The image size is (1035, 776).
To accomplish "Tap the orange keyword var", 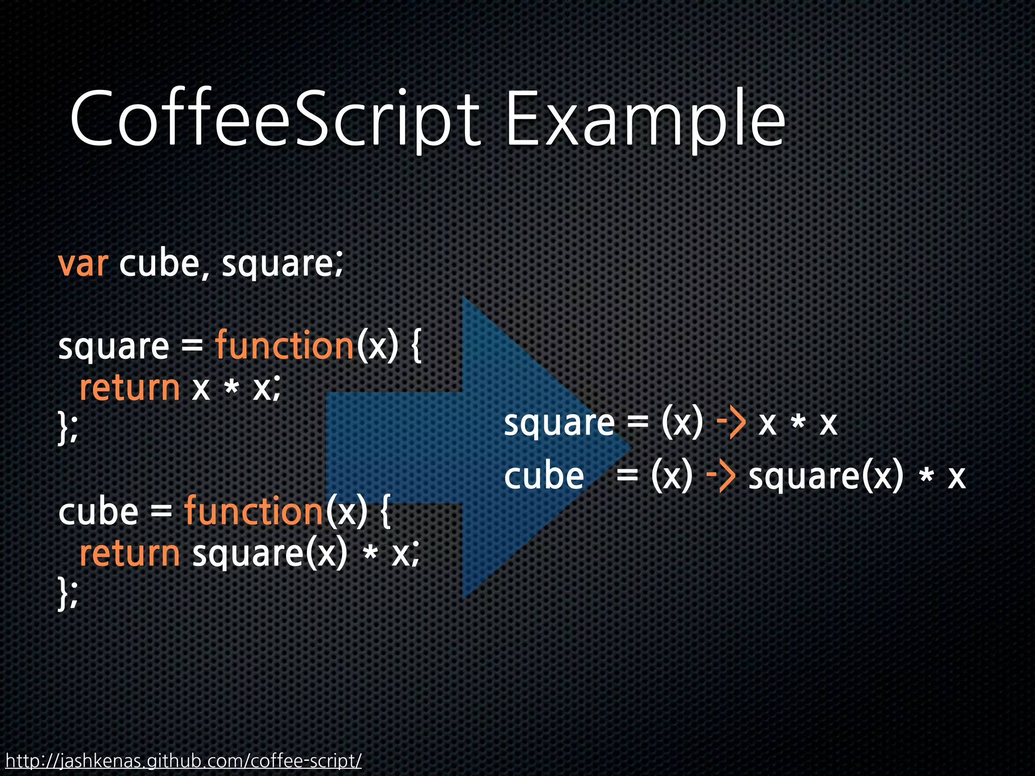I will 83,264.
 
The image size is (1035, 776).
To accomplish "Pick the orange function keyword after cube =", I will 253,511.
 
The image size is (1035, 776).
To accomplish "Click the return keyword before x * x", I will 130,388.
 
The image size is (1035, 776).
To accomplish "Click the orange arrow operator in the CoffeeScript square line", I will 731,423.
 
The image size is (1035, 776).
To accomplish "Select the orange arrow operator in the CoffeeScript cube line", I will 720,476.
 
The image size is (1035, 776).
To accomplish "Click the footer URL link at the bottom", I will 183,760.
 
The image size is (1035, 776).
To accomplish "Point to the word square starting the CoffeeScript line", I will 559,423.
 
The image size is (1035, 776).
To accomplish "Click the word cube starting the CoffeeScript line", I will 544,476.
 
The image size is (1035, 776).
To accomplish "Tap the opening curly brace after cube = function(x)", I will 385,511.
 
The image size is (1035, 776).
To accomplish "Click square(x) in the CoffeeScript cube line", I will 825,476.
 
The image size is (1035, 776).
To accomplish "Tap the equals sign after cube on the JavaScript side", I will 161,512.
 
